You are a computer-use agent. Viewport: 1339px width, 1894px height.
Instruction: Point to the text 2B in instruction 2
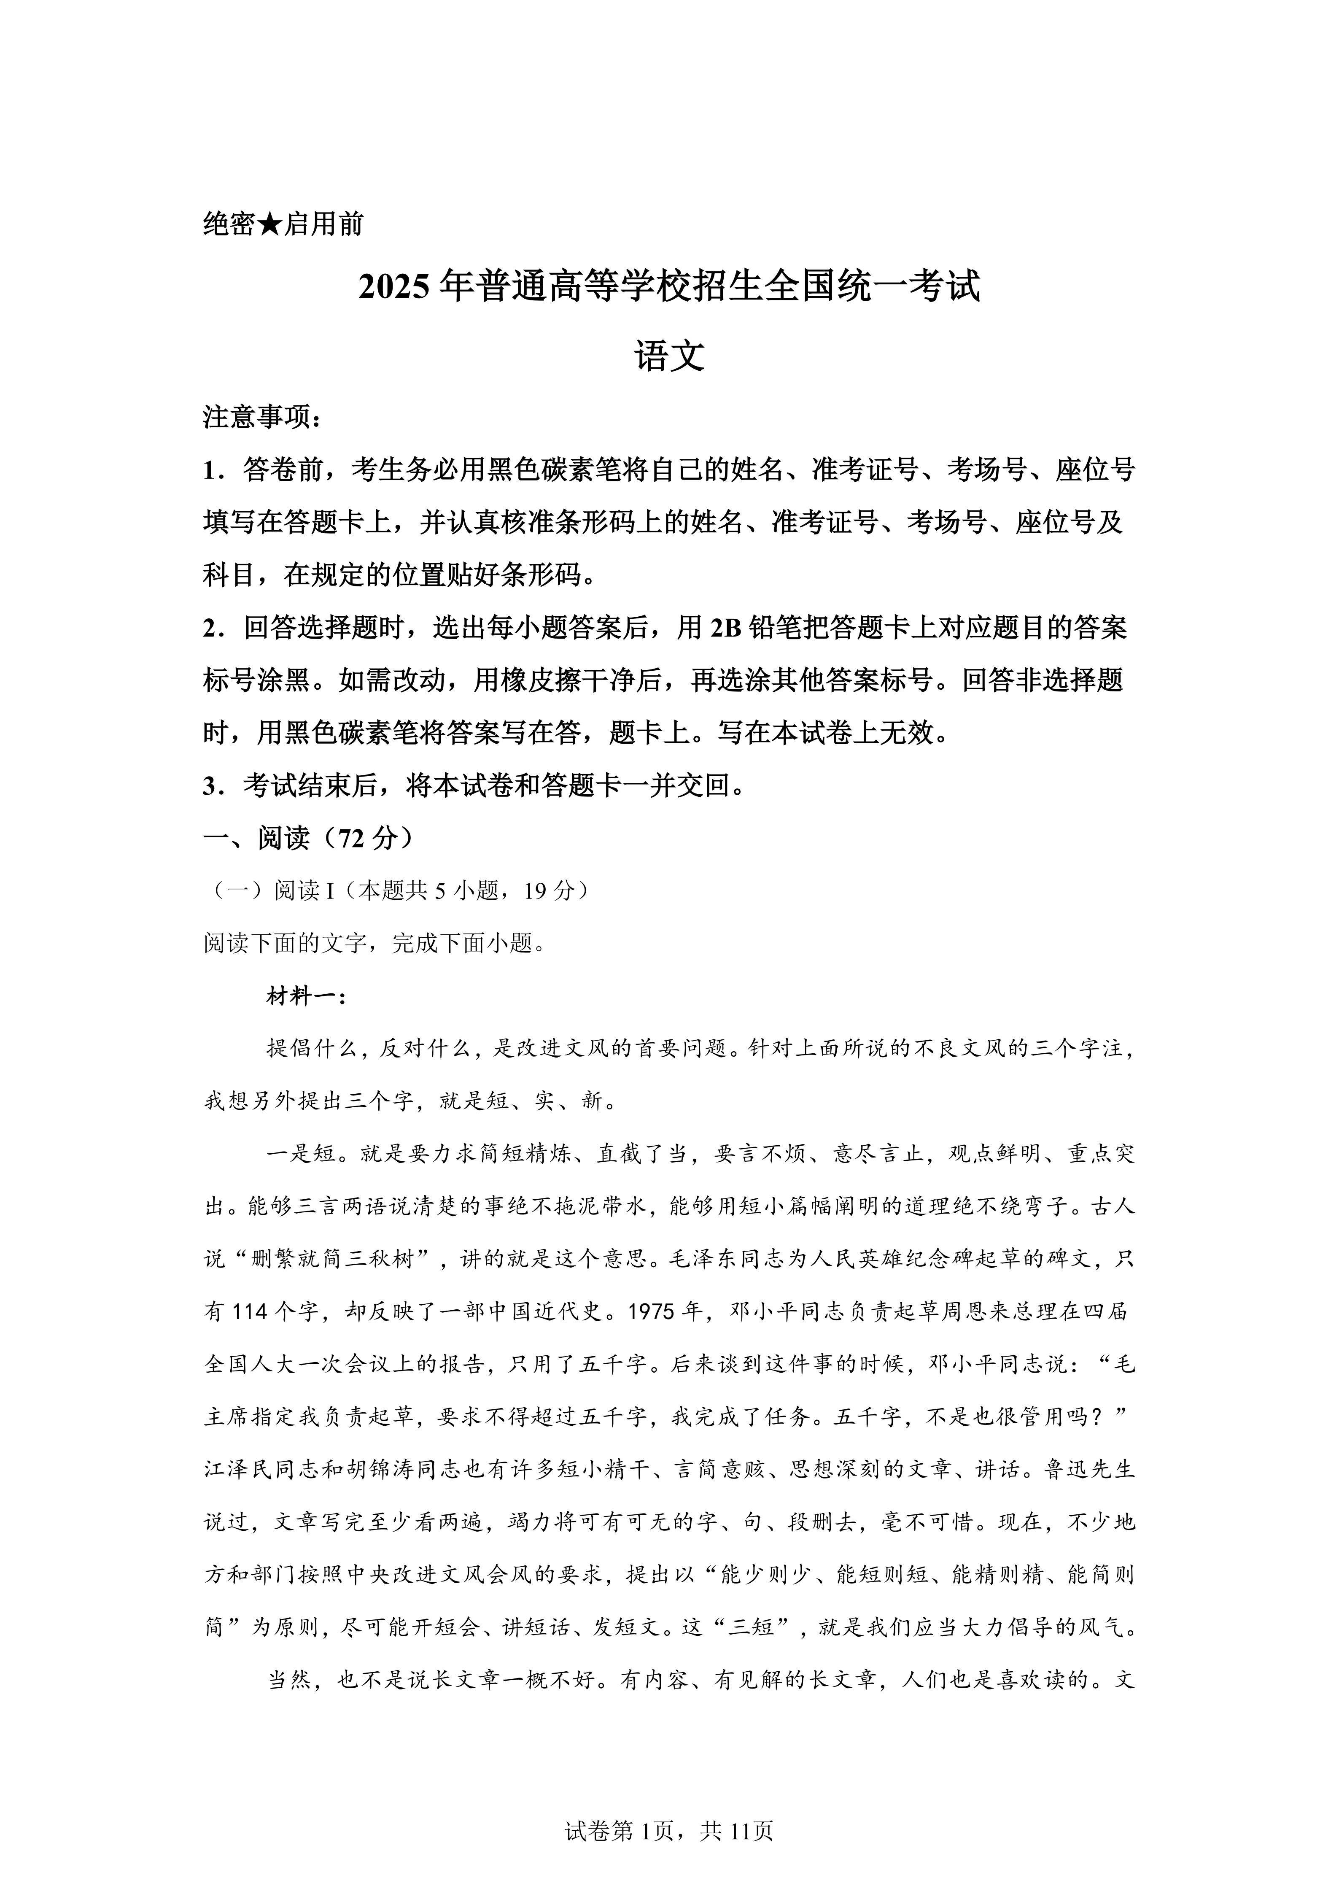pos(725,628)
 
